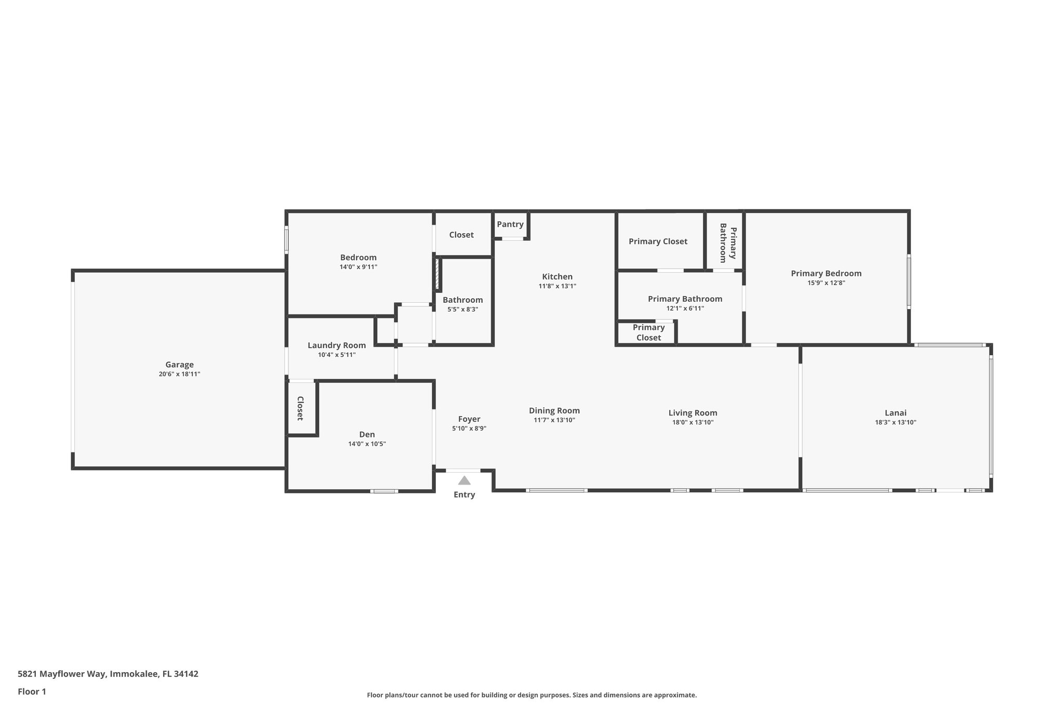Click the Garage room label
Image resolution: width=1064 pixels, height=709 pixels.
pyautogui.click(x=179, y=365)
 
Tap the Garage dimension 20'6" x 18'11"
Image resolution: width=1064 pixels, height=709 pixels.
pyautogui.click(x=179, y=374)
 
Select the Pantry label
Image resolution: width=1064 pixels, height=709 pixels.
pyautogui.click(x=510, y=224)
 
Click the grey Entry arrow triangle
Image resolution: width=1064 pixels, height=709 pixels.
pyautogui.click(x=464, y=480)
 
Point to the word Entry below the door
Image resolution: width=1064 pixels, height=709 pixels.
pyautogui.click(x=464, y=494)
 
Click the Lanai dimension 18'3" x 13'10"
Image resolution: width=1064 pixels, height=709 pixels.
pyautogui.click(x=895, y=422)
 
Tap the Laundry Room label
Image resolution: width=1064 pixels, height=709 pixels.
pyautogui.click(x=337, y=345)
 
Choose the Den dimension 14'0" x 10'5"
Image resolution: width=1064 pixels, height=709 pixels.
pyautogui.click(x=367, y=444)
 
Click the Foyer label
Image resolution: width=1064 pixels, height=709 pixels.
pyautogui.click(x=469, y=419)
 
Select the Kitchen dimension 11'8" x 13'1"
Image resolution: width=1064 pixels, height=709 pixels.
pyautogui.click(x=557, y=286)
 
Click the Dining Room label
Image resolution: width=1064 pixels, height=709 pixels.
pyautogui.click(x=554, y=410)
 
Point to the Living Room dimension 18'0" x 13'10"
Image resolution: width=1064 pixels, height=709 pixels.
pyautogui.click(x=693, y=422)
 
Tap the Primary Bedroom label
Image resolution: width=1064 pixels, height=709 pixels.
pyautogui.click(x=826, y=273)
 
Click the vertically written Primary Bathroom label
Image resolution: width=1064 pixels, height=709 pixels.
pyautogui.click(x=727, y=243)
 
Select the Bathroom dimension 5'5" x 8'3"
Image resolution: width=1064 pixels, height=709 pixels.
pyautogui.click(x=462, y=309)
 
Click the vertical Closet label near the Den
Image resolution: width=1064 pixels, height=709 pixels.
pyautogui.click(x=300, y=408)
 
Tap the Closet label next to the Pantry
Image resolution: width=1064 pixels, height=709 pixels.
pyautogui.click(x=461, y=235)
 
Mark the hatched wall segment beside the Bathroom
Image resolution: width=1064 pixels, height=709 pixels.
pyautogui.click(x=437, y=274)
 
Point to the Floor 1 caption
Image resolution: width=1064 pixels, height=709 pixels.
pyautogui.click(x=32, y=692)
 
